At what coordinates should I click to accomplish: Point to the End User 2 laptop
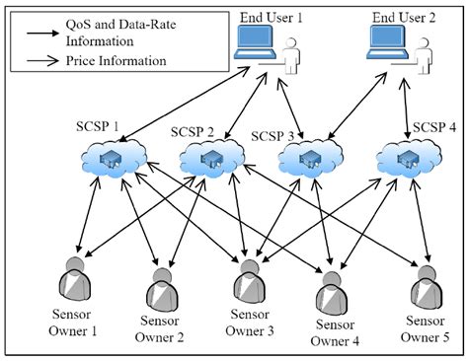click(x=387, y=45)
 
